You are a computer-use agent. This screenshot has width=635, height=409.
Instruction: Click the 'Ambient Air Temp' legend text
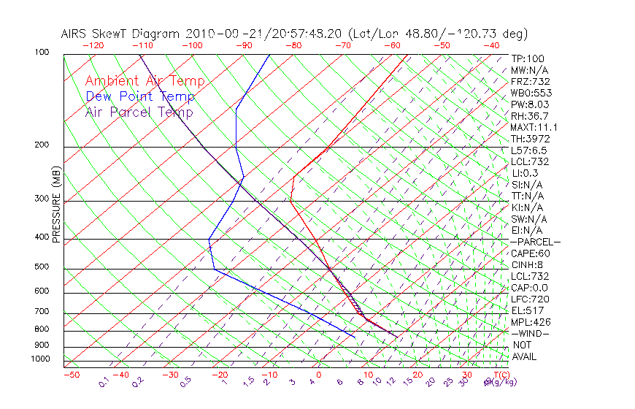coord(145,81)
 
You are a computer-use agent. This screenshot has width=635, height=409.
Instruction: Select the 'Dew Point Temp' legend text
coord(139,96)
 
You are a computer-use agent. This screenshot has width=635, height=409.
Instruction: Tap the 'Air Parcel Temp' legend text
coord(139,112)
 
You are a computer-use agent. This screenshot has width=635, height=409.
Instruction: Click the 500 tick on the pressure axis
coord(41,267)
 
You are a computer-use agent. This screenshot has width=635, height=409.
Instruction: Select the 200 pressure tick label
coord(41,145)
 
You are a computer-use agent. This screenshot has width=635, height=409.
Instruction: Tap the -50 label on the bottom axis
coord(71,375)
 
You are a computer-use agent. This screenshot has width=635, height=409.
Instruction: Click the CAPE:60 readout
coord(530,253)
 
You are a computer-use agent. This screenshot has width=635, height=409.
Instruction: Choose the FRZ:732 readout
coord(530,82)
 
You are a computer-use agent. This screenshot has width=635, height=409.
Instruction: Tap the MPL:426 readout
coord(530,322)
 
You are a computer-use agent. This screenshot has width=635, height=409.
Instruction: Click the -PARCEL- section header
coord(535,242)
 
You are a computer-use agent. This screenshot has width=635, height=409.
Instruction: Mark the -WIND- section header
coord(530,333)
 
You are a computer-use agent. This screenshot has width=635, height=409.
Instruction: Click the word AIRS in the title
coord(75,34)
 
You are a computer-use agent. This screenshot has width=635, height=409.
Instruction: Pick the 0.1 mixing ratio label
coord(103,383)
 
